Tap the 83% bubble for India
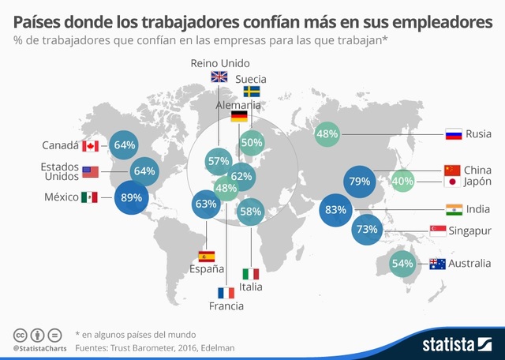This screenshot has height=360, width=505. pyautogui.click(x=336, y=211)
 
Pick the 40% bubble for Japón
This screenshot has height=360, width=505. pyautogui.click(x=402, y=182)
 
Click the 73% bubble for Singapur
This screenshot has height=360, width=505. pyautogui.click(x=368, y=230)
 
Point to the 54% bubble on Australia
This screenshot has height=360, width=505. pyautogui.click(x=402, y=264)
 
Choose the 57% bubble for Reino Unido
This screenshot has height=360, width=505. pyautogui.click(x=217, y=161)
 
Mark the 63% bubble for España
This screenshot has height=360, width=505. pyautogui.click(x=206, y=204)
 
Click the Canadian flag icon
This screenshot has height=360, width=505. pyautogui.click(x=90, y=145)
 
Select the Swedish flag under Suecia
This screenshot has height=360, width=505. pyautogui.click(x=251, y=92)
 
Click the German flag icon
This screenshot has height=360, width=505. pyautogui.click(x=239, y=117)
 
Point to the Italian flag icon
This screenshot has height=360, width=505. pyautogui.click(x=251, y=274)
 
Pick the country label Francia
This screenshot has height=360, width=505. pyautogui.click(x=226, y=306)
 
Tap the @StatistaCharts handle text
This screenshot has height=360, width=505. pyautogui.click(x=39, y=347)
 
